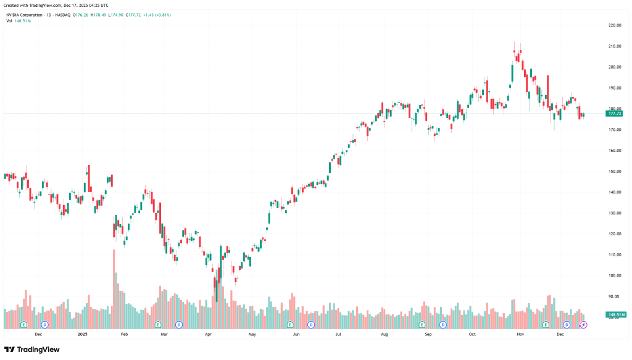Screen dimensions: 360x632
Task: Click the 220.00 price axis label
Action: tap(614, 25)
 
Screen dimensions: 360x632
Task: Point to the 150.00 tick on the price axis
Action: tap(614, 171)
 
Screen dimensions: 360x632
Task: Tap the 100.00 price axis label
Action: tap(614, 275)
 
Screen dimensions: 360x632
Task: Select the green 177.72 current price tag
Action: tap(615, 114)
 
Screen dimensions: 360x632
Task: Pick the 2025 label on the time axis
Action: tap(83, 334)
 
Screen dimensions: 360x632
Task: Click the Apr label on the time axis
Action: tap(208, 334)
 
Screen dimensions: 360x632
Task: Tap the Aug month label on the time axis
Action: tap(384, 334)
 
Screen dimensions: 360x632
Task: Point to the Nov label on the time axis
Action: tap(520, 334)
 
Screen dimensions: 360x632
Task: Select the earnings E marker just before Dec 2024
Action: tap(24, 324)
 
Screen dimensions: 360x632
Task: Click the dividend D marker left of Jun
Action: tap(311, 324)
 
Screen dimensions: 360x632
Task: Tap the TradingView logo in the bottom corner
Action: tap(32, 350)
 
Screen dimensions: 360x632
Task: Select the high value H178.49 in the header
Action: tap(99, 14)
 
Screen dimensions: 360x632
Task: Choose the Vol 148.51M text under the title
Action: tap(19, 20)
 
